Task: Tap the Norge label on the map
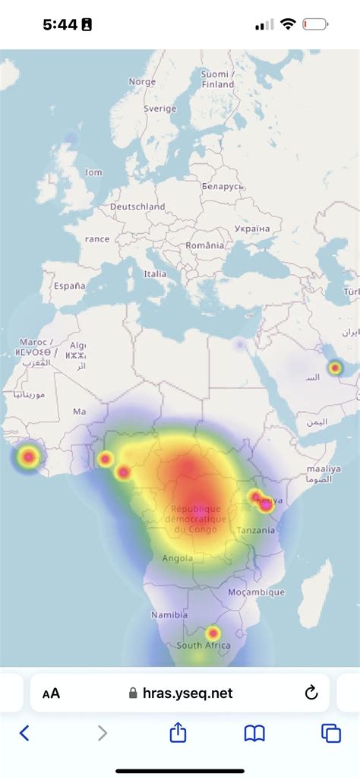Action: point(142,82)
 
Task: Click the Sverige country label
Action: point(160,109)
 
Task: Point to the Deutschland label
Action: point(137,207)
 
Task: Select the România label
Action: point(205,245)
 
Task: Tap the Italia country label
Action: point(155,274)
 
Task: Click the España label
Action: point(69,286)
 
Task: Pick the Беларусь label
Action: point(223,187)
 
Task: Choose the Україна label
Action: point(252,229)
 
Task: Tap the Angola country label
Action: point(178,558)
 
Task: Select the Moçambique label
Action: point(257,592)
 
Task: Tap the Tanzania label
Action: point(256,530)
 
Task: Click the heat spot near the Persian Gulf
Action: point(334,368)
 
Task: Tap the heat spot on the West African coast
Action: point(29,456)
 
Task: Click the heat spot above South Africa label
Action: point(213,633)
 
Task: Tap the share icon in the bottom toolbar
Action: point(178,733)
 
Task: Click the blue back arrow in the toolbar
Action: point(24,733)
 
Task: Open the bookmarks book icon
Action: point(254,733)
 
